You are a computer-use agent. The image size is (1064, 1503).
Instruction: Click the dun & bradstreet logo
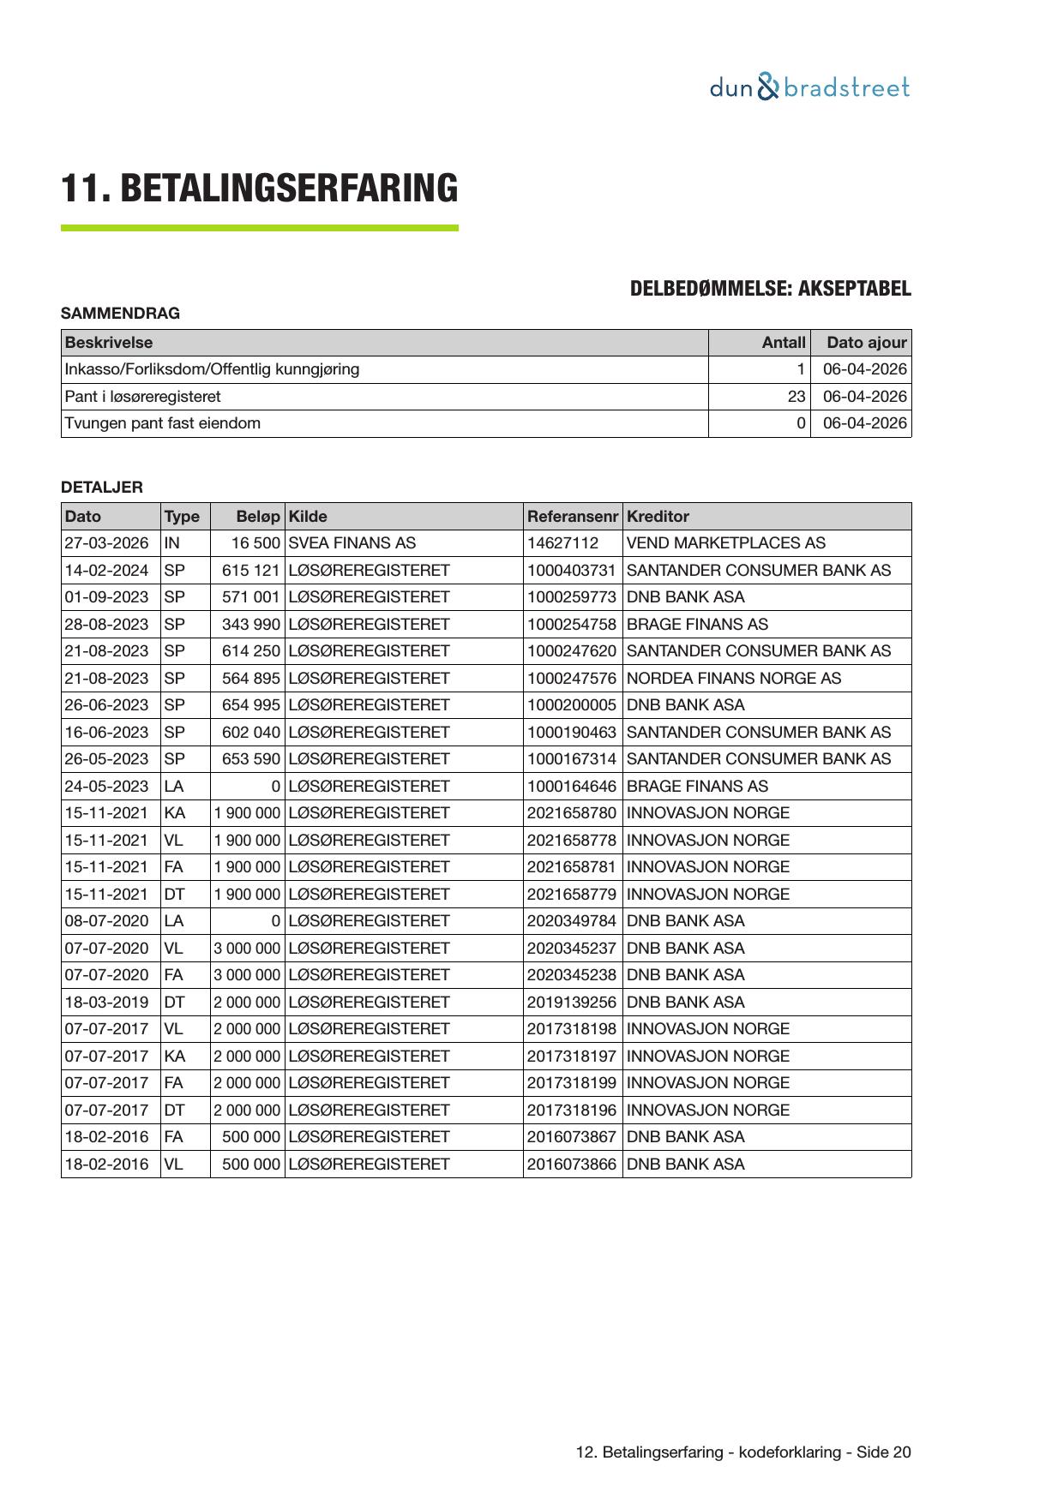[x=809, y=88]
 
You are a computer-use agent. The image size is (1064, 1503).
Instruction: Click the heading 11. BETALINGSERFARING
[x=259, y=189]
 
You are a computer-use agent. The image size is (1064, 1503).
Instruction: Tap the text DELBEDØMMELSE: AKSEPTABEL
[x=770, y=289]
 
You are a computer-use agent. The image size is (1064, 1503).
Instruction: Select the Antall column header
[x=784, y=343]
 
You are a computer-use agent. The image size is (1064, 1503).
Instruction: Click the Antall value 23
[x=796, y=397]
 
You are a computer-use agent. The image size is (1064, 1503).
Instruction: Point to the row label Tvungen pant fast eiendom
[x=163, y=423]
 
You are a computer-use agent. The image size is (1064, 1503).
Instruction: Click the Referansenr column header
[x=572, y=517]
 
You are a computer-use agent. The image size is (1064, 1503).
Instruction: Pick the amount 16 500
[x=255, y=543]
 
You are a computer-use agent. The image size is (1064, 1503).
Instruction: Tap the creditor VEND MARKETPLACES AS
[x=725, y=543]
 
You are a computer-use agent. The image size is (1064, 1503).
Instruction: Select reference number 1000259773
[x=571, y=597]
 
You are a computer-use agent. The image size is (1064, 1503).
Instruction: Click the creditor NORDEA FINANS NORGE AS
[x=733, y=679]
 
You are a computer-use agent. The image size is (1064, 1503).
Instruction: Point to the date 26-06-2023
[x=106, y=705]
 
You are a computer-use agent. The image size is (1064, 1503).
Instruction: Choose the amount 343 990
[x=250, y=625]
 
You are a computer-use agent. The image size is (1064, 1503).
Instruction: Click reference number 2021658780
[x=571, y=813]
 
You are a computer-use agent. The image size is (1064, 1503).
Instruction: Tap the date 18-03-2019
[x=106, y=1003]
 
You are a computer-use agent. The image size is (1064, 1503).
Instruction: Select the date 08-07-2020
[x=106, y=921]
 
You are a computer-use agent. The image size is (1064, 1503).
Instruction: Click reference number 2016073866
[x=571, y=1165]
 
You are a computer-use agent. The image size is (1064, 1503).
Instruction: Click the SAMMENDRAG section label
[x=120, y=314]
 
